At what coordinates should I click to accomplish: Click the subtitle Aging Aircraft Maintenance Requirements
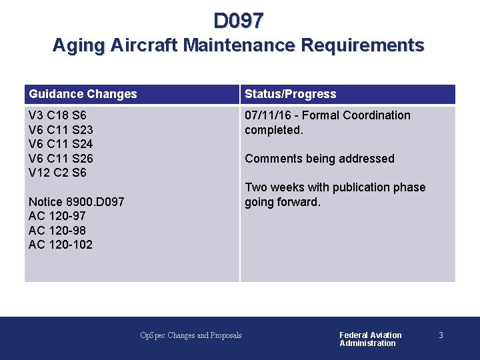(x=238, y=45)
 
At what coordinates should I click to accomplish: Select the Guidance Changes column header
(x=83, y=94)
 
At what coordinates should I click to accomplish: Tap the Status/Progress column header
(x=290, y=94)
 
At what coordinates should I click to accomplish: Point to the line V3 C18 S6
(x=57, y=115)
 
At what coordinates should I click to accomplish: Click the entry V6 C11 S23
(x=61, y=130)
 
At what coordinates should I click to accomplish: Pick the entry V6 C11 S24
(x=61, y=144)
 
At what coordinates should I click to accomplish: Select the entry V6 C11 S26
(x=61, y=159)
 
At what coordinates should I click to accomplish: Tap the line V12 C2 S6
(x=57, y=173)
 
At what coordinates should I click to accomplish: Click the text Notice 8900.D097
(x=76, y=201)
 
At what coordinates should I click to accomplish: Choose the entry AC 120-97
(x=57, y=216)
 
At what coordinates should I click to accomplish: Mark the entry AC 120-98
(x=57, y=230)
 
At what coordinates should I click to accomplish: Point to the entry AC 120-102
(x=60, y=245)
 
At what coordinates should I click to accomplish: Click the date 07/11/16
(x=268, y=115)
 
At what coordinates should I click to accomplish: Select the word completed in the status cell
(x=273, y=130)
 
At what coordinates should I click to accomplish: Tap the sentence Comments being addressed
(x=319, y=159)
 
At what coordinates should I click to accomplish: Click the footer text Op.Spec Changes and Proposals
(x=191, y=335)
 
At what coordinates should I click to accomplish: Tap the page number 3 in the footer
(x=441, y=335)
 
